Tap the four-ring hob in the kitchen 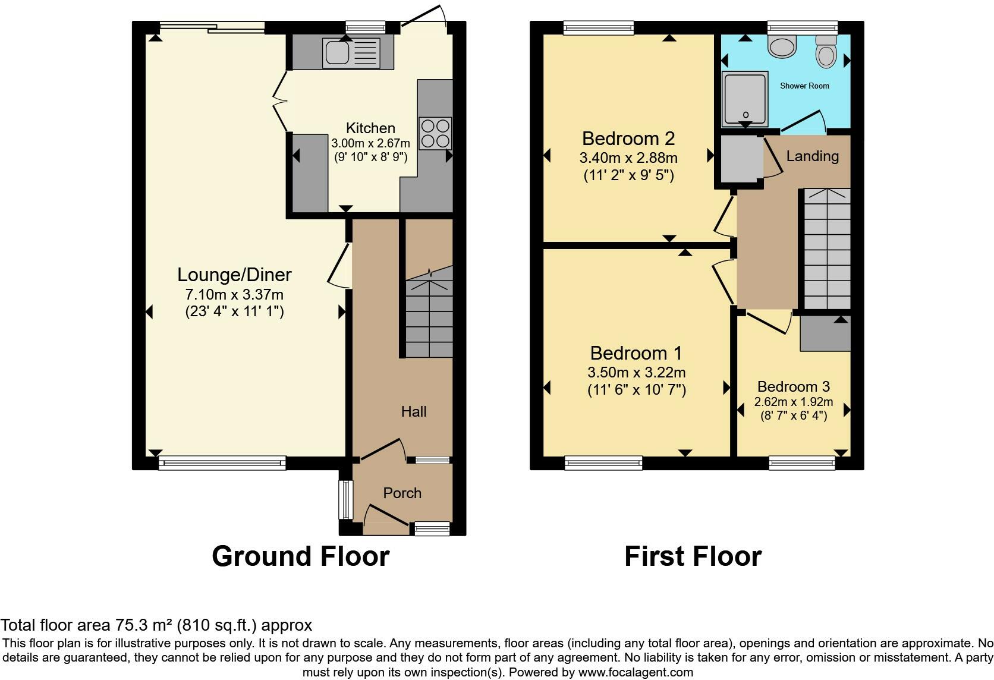(x=436, y=133)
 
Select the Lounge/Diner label (x=234, y=275)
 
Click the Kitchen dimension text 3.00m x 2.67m (x=370, y=143)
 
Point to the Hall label (x=413, y=411)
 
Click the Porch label (x=402, y=493)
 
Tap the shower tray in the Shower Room (x=744, y=99)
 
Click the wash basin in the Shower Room (x=782, y=46)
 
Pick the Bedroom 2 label (x=628, y=138)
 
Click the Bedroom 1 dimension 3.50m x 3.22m (x=636, y=373)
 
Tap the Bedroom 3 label (x=793, y=386)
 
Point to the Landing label (x=812, y=156)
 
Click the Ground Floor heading (x=300, y=556)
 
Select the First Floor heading (x=693, y=556)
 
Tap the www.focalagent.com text (x=636, y=672)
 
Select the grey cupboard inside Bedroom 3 (x=825, y=334)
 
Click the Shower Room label (x=804, y=86)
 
